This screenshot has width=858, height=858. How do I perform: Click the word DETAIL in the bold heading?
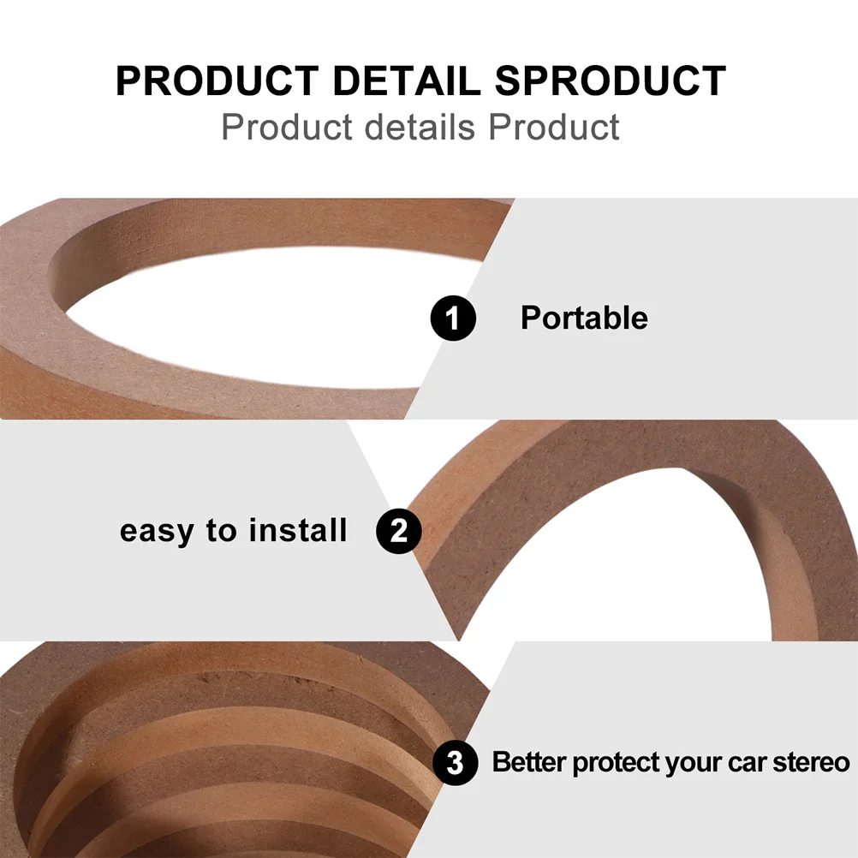point(406,81)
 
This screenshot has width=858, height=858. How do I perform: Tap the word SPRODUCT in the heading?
point(611,81)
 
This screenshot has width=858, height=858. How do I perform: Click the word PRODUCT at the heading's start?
point(217,81)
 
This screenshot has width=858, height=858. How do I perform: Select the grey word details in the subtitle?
point(420,128)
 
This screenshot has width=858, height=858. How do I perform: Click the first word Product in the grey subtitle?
point(287,128)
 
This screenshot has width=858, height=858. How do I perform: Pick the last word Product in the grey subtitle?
point(554,128)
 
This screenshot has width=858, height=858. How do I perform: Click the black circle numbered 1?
point(453,318)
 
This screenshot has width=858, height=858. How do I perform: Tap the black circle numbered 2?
point(398,531)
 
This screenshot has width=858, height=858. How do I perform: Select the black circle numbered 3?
point(456,763)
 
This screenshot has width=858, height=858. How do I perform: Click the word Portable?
point(584,318)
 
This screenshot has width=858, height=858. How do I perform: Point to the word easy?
point(157,532)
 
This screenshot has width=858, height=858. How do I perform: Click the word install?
point(298,530)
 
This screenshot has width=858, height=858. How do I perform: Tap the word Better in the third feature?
point(528,762)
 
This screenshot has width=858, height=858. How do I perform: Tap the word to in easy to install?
point(221,530)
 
